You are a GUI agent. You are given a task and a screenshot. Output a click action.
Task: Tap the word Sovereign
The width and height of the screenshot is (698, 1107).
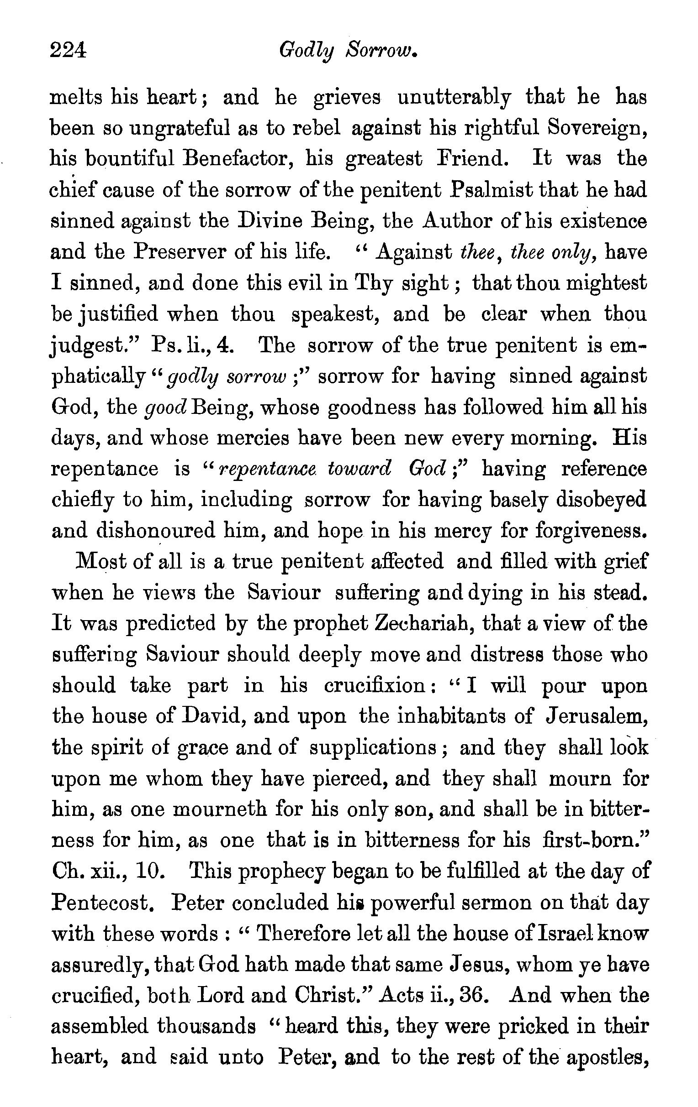(598, 129)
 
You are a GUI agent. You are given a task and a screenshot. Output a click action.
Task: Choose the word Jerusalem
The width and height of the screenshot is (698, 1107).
(597, 716)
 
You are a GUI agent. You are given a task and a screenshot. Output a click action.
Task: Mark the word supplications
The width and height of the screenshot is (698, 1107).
(373, 748)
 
